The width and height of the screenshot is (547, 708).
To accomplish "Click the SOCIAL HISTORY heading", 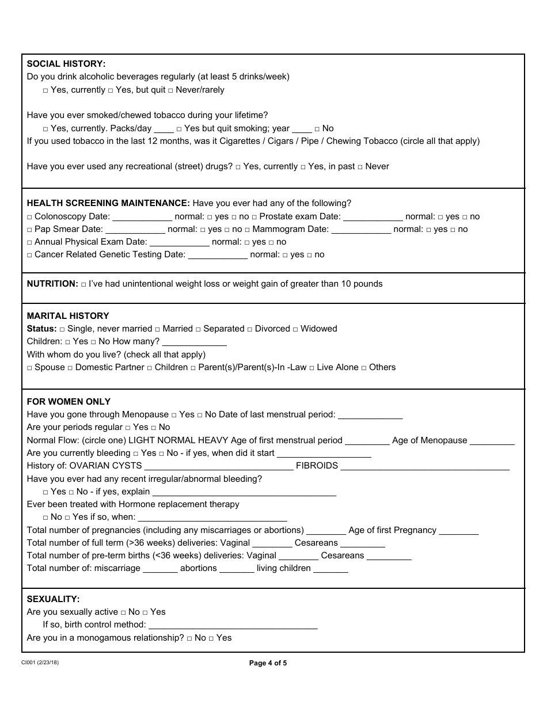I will pyautogui.click(x=66, y=64).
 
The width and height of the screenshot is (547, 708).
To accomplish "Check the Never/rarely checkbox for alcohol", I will pyautogui.click(x=171, y=90).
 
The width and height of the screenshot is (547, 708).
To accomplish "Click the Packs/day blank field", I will pyautogui.click(x=164, y=129).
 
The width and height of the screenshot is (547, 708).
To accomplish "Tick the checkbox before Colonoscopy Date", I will pyautogui.click(x=30, y=217).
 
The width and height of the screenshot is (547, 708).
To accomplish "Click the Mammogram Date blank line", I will pyautogui.click(x=361, y=230).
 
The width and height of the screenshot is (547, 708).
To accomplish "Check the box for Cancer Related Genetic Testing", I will pyautogui.click(x=30, y=255).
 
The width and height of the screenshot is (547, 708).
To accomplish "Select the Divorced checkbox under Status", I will pyautogui.click(x=250, y=329).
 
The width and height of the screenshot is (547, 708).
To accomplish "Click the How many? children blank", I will pyautogui.click(x=195, y=342).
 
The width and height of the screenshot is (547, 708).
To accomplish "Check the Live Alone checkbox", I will pyautogui.click(x=312, y=368).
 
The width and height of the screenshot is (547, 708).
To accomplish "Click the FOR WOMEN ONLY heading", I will pyautogui.click(x=69, y=402).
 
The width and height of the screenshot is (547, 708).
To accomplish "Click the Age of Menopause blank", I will pyautogui.click(x=492, y=441).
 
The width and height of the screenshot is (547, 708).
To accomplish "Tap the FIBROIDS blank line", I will pyautogui.click(x=425, y=466).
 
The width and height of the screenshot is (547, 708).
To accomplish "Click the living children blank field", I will pyautogui.click(x=331, y=569).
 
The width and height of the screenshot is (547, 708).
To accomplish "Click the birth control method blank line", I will pyautogui.click(x=233, y=625).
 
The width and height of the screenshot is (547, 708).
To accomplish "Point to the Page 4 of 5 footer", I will pyautogui.click(x=268, y=663).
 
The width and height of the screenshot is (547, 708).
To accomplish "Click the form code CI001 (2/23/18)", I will pyautogui.click(x=40, y=663).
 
